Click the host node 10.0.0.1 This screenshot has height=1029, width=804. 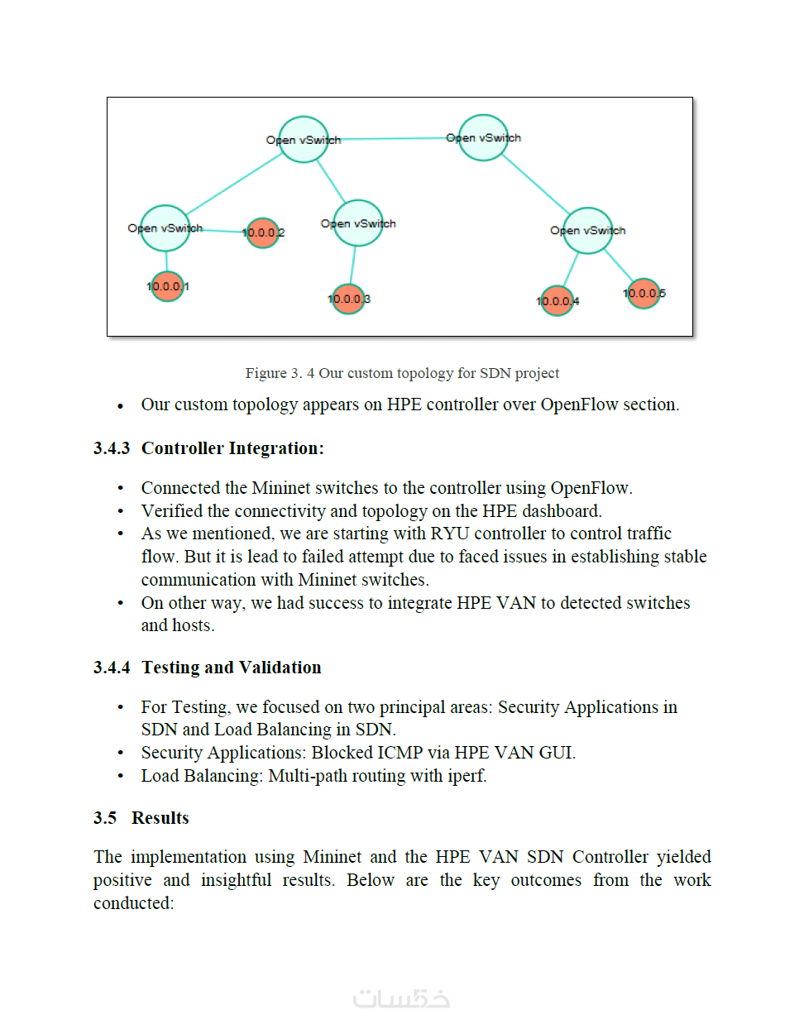[x=167, y=287]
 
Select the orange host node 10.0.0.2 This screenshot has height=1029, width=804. [x=262, y=232]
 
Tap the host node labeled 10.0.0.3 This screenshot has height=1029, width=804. [x=348, y=299]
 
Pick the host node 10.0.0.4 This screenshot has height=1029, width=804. [x=557, y=300]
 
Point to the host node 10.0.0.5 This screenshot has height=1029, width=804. [x=644, y=293]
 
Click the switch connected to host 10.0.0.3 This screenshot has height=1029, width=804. [x=358, y=223]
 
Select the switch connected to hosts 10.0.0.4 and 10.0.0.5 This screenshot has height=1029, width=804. [x=588, y=231]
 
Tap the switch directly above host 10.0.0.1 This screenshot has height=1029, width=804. [x=165, y=228]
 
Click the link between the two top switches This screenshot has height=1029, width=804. [x=393, y=139]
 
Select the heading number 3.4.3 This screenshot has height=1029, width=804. [x=112, y=448]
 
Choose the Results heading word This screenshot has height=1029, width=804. [x=160, y=818]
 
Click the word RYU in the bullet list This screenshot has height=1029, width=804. [x=449, y=534]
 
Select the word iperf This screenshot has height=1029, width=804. [x=467, y=776]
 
